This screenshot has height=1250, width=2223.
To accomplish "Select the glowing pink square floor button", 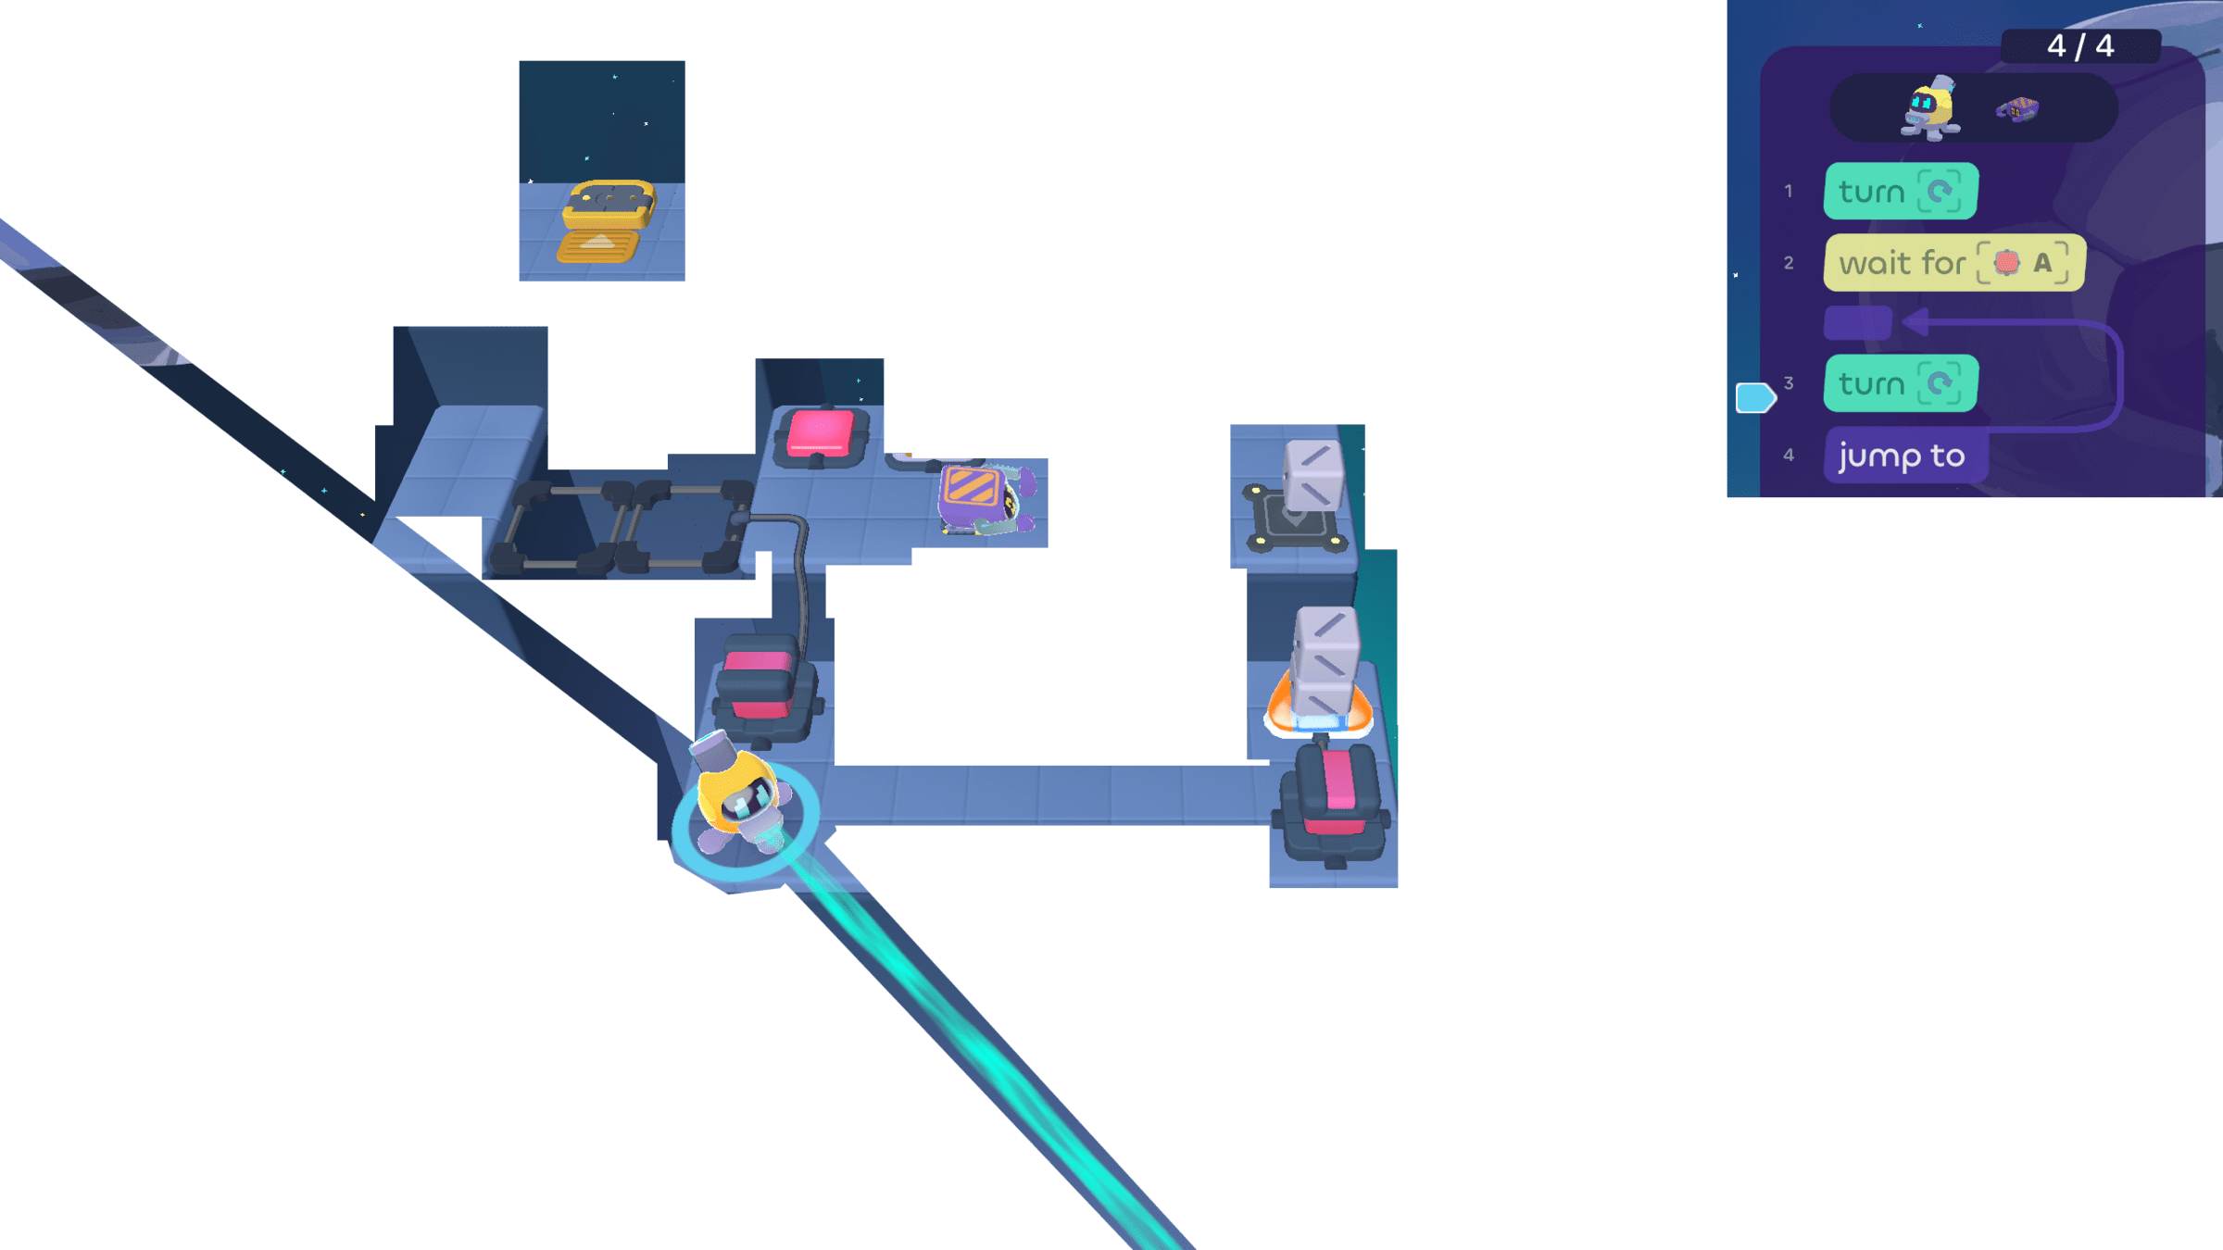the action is [820, 433].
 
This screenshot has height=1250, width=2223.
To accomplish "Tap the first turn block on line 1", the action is [1899, 192].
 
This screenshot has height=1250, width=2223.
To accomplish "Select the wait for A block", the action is [1953, 263].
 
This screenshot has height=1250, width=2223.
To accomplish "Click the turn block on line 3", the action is [1899, 383].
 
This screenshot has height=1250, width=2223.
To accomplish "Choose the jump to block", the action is [1903, 456].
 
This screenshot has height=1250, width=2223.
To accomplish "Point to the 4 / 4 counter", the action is [2079, 45].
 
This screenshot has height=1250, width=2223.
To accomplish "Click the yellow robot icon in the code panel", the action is [1930, 109].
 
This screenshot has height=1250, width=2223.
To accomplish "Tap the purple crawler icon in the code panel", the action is [2016, 110].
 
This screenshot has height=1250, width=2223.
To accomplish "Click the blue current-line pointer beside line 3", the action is [1754, 397].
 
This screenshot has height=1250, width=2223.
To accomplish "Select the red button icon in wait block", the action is [2006, 263].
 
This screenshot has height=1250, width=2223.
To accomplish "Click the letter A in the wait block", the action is [2041, 263].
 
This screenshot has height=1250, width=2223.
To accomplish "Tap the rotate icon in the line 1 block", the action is [1939, 192].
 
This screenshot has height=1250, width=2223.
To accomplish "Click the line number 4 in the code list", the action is [1789, 455].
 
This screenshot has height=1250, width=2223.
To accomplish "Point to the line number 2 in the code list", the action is [1789, 263].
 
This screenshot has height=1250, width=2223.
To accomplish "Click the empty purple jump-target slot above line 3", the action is [1857, 323].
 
